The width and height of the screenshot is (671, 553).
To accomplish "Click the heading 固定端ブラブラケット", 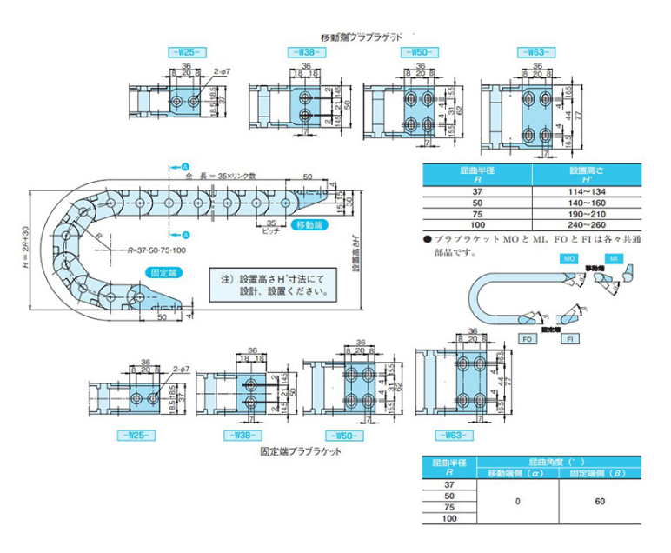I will click(x=301, y=452).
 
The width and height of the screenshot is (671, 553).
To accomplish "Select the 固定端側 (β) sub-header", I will click(x=599, y=473).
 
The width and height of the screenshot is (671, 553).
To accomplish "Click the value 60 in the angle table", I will click(x=599, y=501).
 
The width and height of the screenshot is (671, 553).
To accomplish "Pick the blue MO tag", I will click(x=570, y=259).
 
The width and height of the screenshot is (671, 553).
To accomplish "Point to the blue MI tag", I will click(x=613, y=259).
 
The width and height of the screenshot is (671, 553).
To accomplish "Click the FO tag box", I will click(x=528, y=338).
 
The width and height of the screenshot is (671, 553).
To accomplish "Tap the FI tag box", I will click(x=569, y=338).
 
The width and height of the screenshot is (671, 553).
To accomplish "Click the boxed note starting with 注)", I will click(x=273, y=287).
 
